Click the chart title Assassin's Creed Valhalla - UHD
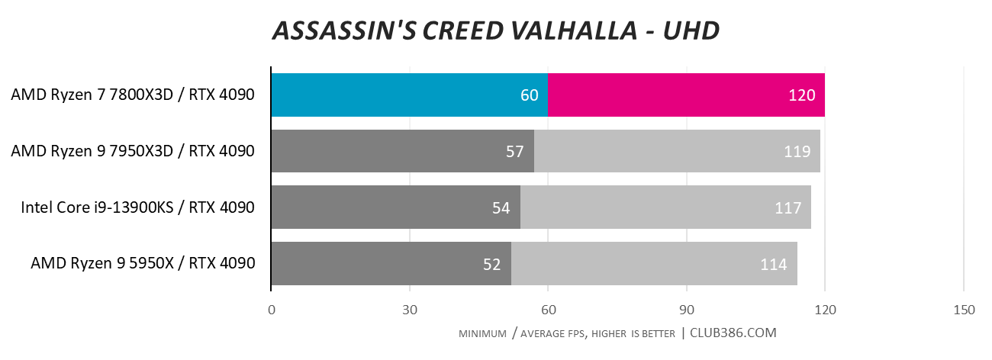[496, 31]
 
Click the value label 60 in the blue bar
[530, 95]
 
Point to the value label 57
[516, 151]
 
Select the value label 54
[501, 207]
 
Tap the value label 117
[787, 207]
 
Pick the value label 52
[492, 264]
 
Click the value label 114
[774, 264]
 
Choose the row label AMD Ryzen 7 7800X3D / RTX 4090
[132, 95]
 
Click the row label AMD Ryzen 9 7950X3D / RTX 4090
[132, 151]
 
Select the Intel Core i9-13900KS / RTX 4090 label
[137, 207]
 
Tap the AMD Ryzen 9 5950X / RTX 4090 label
[142, 264]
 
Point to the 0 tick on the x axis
[272, 310]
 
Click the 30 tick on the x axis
[410, 310]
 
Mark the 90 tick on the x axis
[687, 310]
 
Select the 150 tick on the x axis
[964, 310]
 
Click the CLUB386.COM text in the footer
[733, 333]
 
